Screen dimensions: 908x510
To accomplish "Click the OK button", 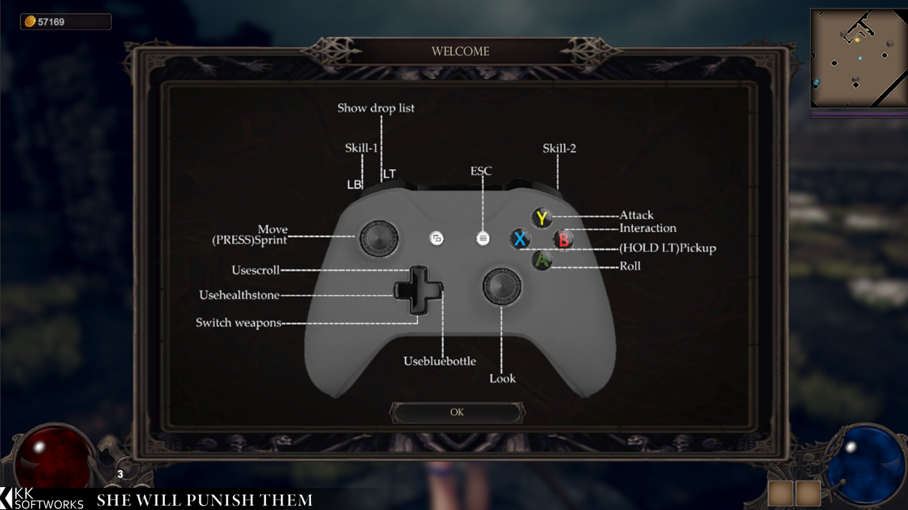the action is (457, 413).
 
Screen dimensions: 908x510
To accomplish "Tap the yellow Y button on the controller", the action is (542, 218).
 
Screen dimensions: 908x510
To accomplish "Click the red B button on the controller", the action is (563, 239).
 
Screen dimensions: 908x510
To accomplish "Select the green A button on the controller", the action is (542, 261).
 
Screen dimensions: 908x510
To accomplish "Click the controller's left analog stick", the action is (378, 239).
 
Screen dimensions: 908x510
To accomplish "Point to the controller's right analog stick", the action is (502, 286).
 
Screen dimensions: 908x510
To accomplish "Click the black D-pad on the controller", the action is (418, 290).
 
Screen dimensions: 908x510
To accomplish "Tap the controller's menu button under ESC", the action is (482, 239).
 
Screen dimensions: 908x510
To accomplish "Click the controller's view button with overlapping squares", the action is (436, 239).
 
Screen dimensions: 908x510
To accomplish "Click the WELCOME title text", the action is (460, 52).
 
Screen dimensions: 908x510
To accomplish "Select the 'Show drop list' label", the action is (376, 108).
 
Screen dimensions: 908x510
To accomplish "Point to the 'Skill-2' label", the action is (559, 148).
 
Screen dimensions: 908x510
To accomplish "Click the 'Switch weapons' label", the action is (239, 323).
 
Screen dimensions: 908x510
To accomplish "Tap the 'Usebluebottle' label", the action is (439, 361).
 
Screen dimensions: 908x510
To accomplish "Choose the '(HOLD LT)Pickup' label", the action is (668, 248).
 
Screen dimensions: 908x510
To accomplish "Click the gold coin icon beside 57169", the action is (30, 21).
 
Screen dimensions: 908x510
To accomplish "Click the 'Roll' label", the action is (630, 266).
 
